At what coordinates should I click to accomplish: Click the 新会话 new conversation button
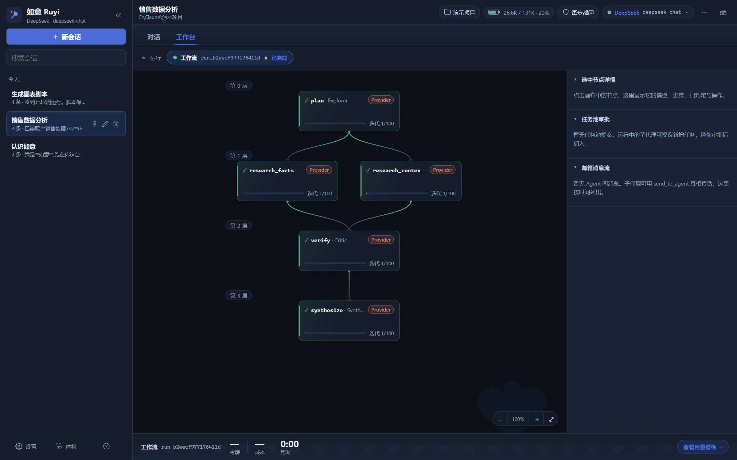point(66,37)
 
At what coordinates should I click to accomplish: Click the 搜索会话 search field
point(66,58)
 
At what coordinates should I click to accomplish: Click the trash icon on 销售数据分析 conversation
point(116,124)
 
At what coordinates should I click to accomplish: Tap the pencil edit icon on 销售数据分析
point(105,124)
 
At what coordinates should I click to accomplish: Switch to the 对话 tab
point(154,37)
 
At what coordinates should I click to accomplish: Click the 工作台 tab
point(185,37)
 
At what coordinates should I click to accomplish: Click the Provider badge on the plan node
point(381,100)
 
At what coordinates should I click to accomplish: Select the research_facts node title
point(271,171)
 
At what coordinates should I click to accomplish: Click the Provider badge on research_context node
point(443,170)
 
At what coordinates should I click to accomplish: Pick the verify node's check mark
point(306,240)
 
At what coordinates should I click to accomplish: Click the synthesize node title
point(327,310)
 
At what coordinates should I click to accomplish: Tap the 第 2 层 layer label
point(239,226)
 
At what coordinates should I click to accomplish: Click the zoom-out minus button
point(501,420)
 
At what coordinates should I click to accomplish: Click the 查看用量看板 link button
point(703,447)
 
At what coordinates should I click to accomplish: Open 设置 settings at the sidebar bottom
point(26,447)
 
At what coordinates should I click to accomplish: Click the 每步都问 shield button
point(578,13)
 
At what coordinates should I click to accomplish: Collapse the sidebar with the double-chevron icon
point(118,15)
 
